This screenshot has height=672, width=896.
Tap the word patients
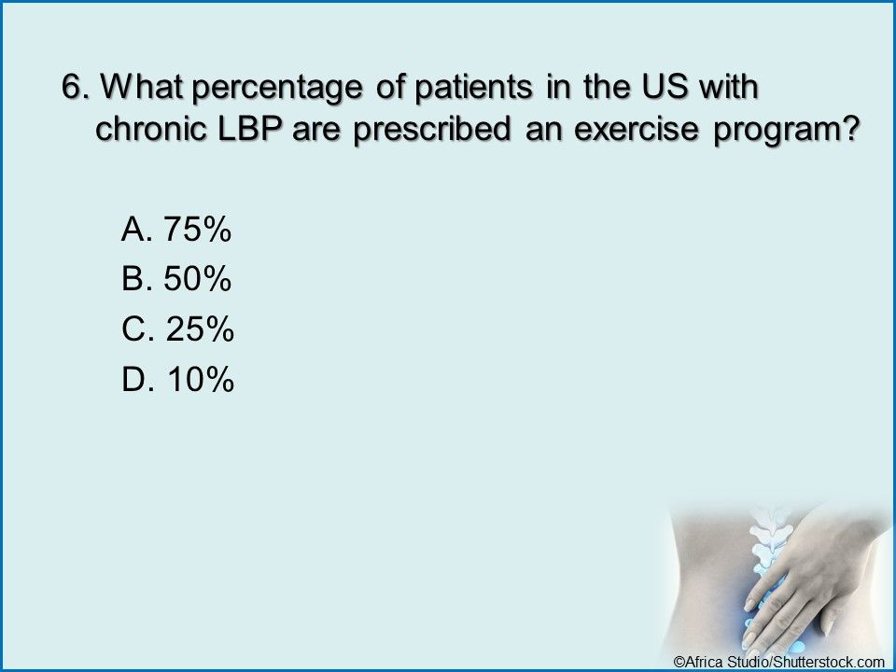473,88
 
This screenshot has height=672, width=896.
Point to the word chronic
151,129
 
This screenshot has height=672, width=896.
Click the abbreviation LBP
250,129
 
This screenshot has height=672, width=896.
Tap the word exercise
636,129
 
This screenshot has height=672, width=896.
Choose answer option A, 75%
176,230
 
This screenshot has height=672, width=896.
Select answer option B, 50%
176,279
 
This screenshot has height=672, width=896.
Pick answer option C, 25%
177,329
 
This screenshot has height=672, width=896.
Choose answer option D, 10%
177,379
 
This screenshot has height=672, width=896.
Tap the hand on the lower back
811,577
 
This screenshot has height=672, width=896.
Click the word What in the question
142,87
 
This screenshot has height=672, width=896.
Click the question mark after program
852,129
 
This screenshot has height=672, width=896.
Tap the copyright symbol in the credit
679,662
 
